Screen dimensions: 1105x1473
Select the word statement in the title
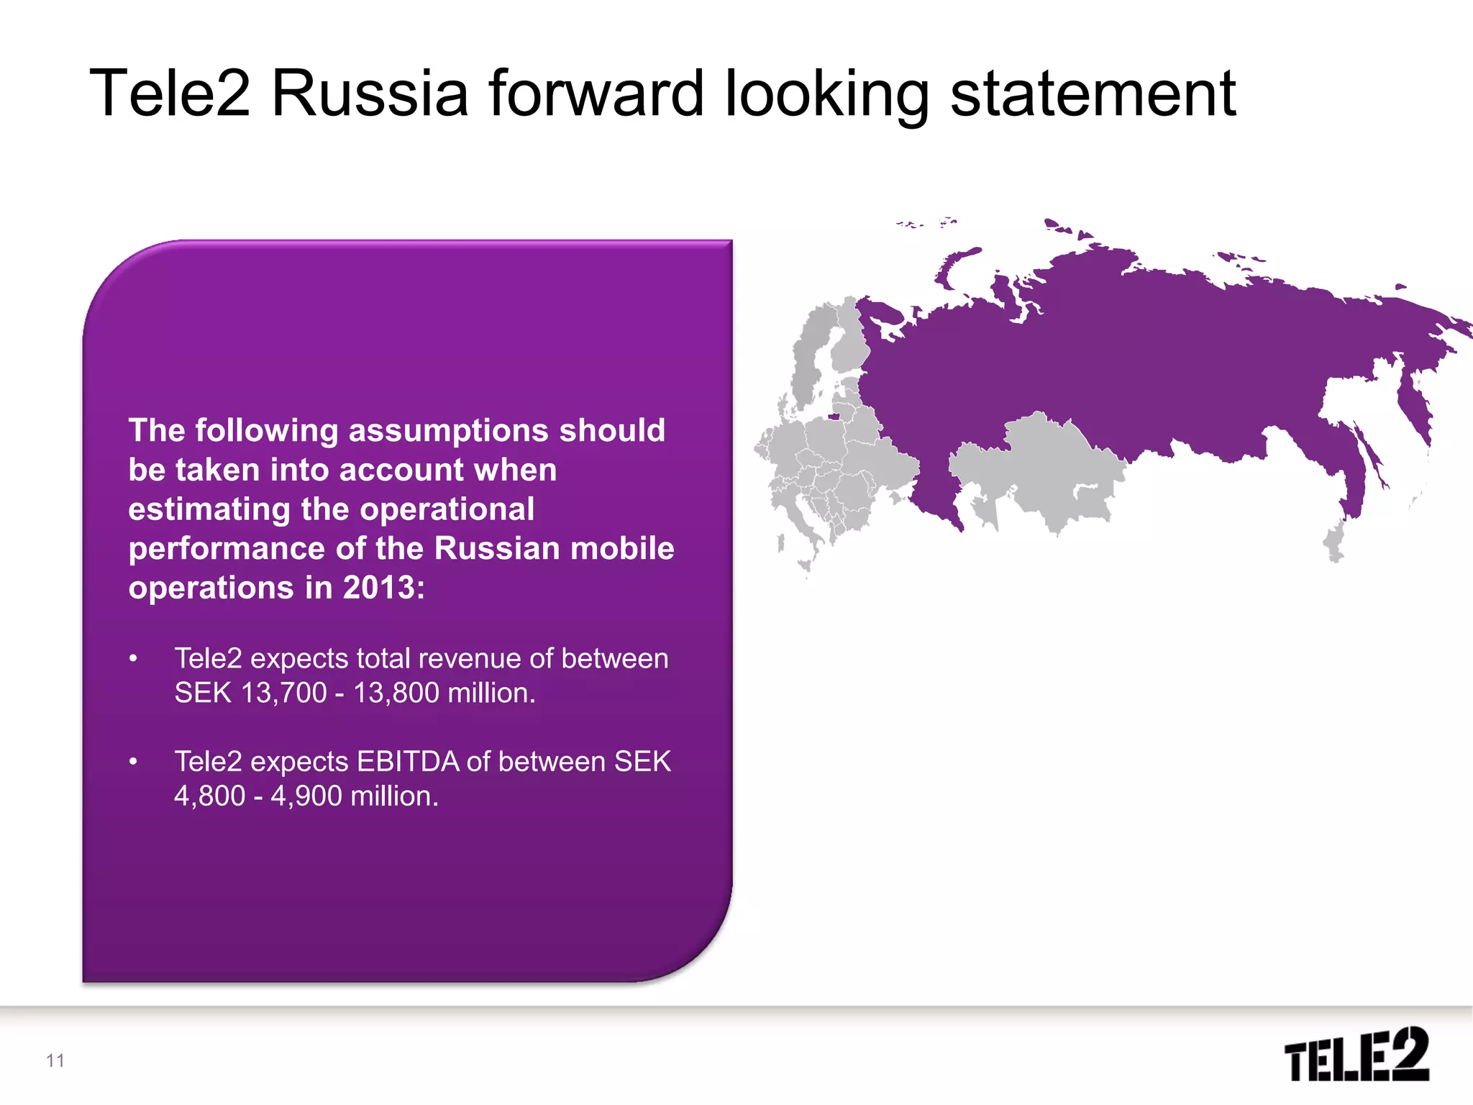coord(1093,94)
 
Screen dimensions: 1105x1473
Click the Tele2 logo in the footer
coord(1356,1054)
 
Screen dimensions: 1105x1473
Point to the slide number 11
coord(55,1060)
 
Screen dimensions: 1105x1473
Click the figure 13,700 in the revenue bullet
coord(284,693)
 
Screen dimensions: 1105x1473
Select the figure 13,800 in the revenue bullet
coord(396,693)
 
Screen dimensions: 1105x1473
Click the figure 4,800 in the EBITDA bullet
coord(210,796)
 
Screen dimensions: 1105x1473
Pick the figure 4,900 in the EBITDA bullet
coord(306,796)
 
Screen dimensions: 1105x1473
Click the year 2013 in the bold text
coord(379,588)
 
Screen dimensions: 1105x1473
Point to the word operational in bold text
coord(447,509)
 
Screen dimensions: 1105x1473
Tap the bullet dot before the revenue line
coord(133,659)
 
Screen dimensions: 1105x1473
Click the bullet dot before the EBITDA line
coord(133,762)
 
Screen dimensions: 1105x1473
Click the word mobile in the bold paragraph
coord(631,549)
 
